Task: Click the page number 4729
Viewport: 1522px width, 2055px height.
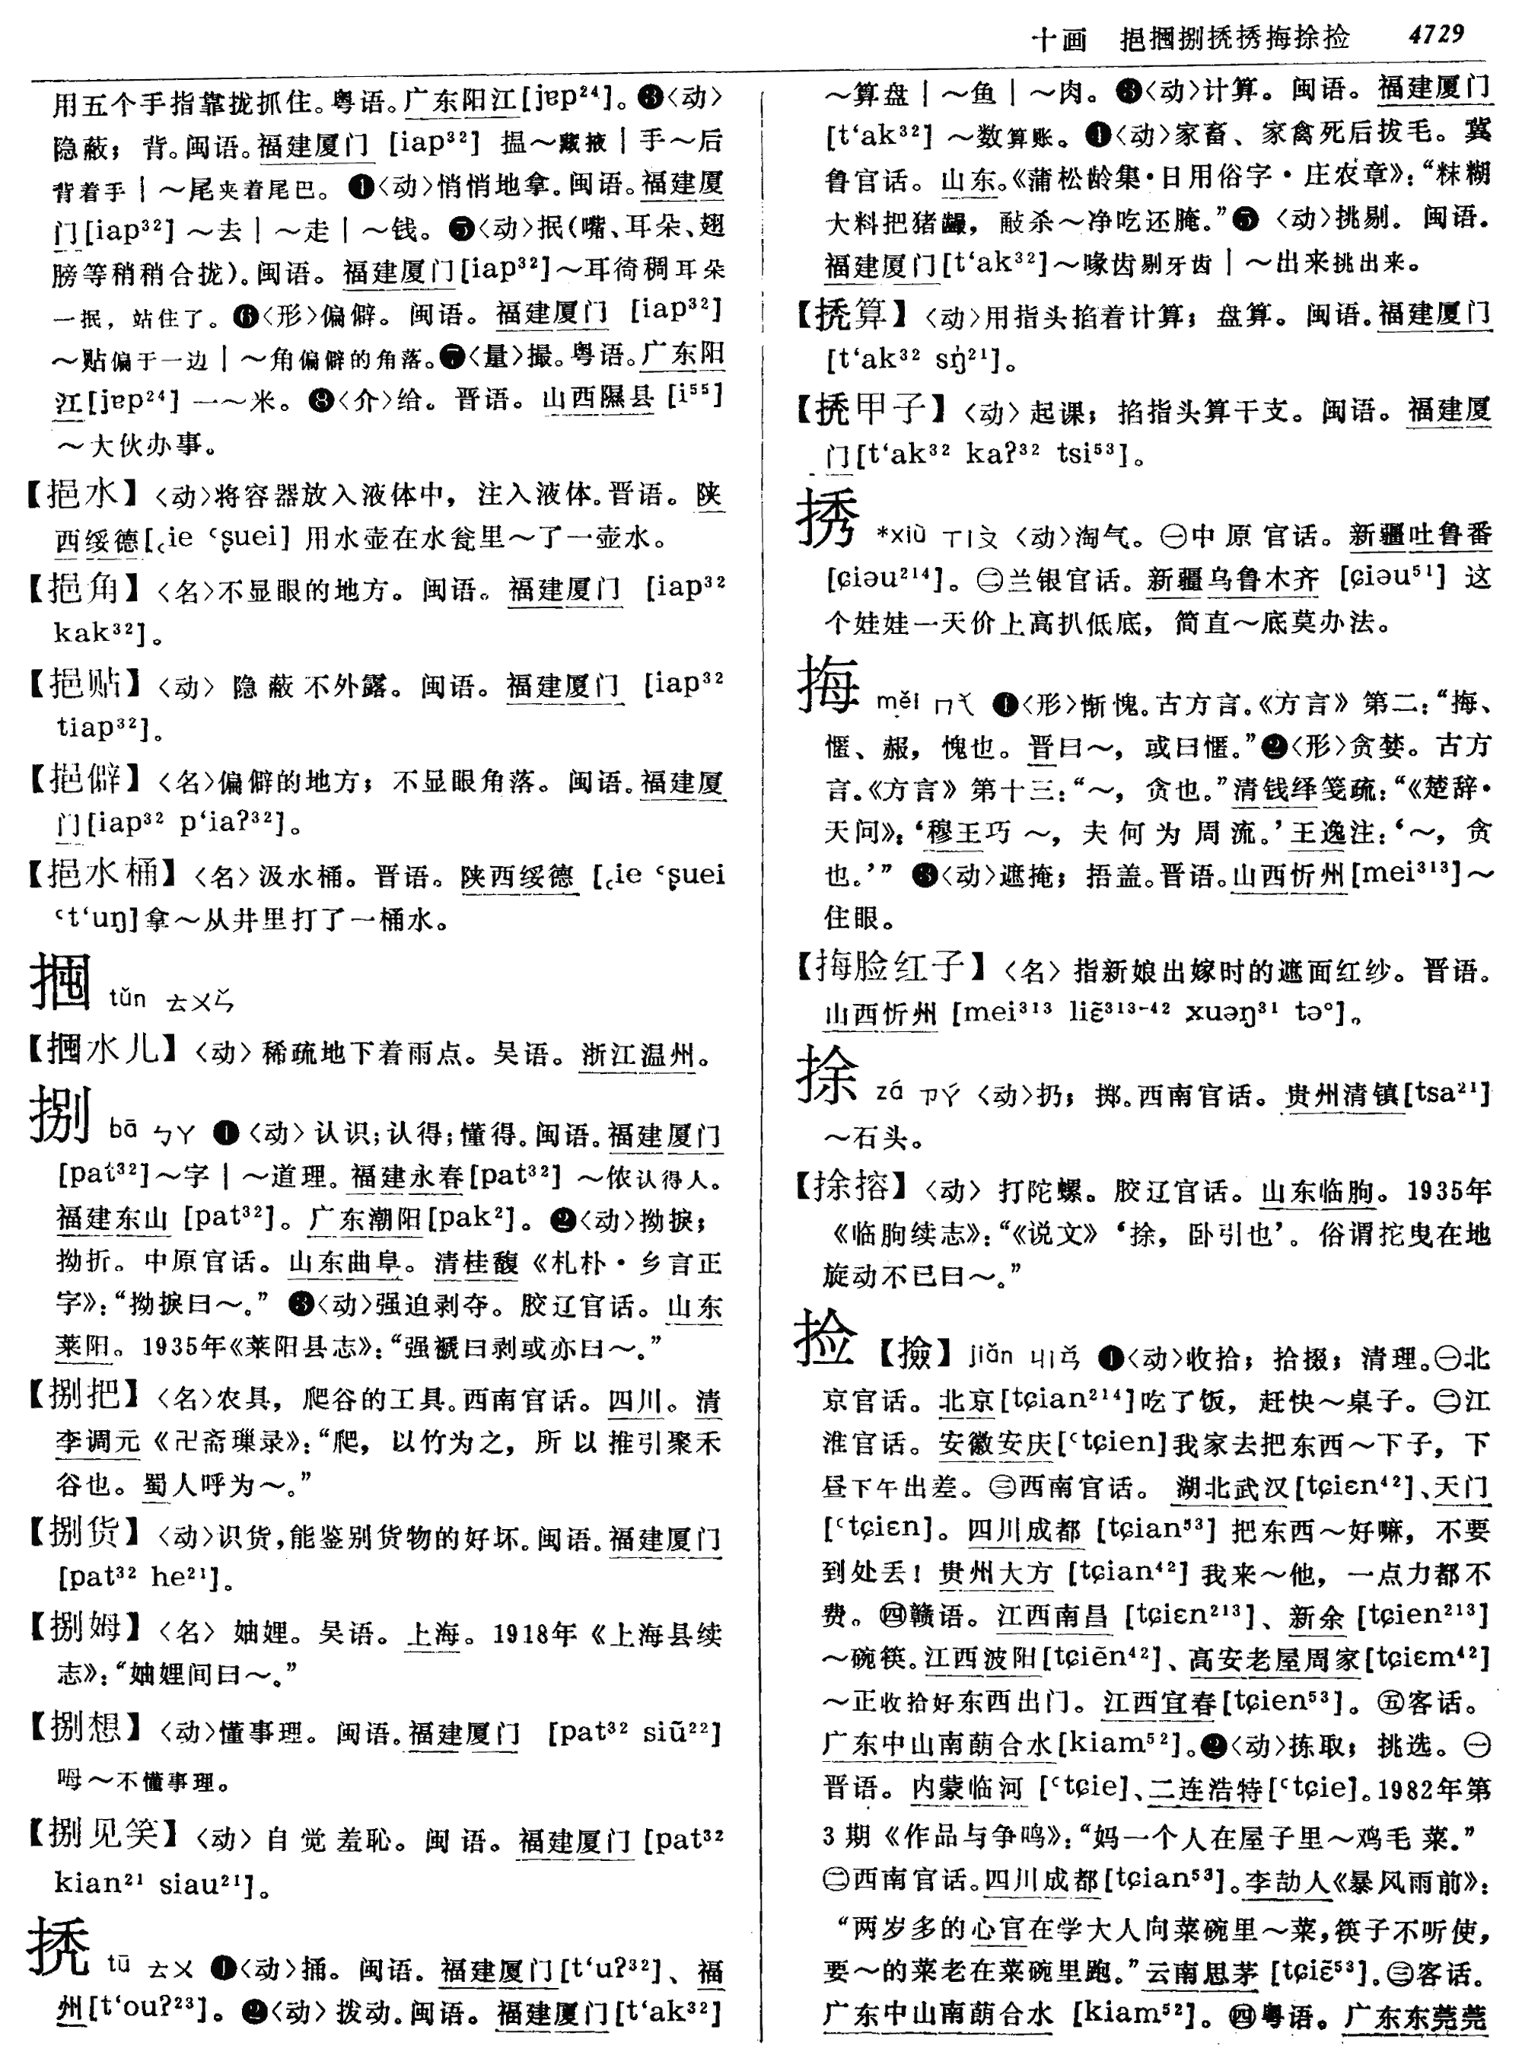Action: click(1435, 35)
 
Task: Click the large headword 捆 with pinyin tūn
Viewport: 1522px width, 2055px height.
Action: click(61, 983)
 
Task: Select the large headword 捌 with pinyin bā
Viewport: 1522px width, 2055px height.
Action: click(61, 1114)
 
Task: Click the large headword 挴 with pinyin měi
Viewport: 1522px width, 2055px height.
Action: click(828, 685)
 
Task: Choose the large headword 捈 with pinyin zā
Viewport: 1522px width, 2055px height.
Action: click(826, 1076)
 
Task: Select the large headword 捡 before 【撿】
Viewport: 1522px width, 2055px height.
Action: click(825, 1337)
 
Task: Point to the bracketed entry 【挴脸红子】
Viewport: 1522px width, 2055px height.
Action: click(889, 967)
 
